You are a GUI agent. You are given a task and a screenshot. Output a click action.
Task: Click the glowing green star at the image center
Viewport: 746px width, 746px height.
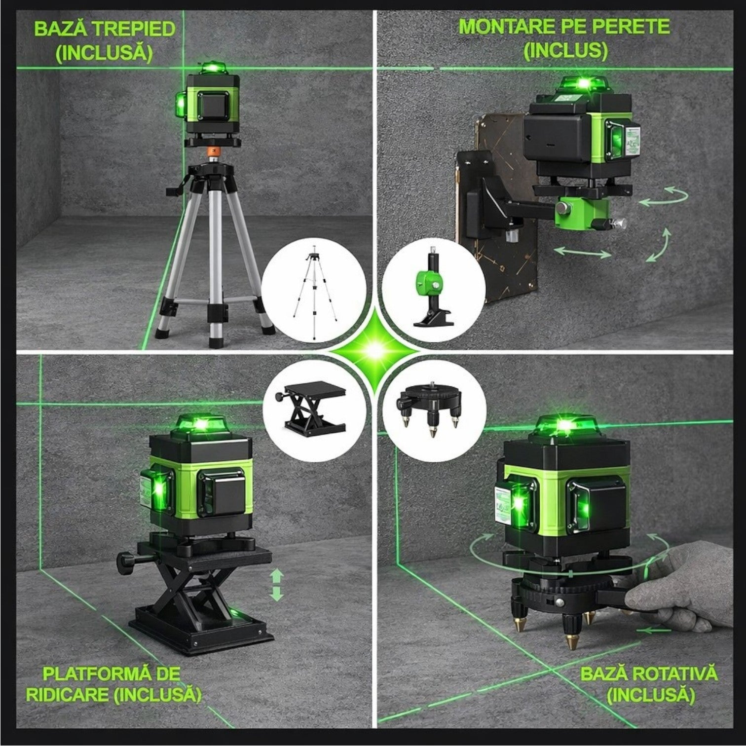point(373,351)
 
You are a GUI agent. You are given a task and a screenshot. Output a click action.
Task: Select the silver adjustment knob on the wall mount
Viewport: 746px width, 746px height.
point(618,224)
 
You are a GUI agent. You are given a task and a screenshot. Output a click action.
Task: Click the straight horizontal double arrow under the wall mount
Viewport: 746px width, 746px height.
point(582,253)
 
